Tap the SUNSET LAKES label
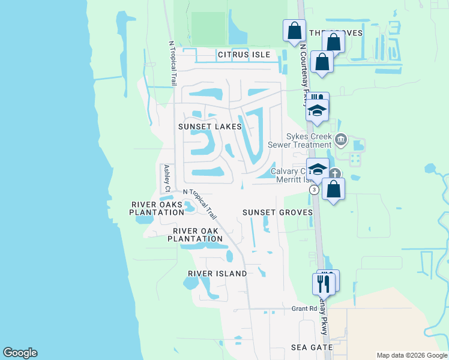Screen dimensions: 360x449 210,127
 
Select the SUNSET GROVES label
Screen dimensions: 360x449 277,212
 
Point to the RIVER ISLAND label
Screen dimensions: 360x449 217,274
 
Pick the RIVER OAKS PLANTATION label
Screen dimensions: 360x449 157,208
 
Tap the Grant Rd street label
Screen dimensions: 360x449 304,309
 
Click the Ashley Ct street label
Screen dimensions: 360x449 167,178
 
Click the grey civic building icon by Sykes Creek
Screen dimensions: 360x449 341,140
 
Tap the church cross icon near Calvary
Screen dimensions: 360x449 335,174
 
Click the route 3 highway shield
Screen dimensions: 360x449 314,189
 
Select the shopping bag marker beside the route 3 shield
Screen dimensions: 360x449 333,188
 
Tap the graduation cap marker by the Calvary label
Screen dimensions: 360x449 318,169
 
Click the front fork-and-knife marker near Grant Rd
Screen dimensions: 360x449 324,283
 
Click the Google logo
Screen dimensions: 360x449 20,353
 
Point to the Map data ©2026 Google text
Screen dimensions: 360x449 412,355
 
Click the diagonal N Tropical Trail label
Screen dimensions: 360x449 200,202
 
